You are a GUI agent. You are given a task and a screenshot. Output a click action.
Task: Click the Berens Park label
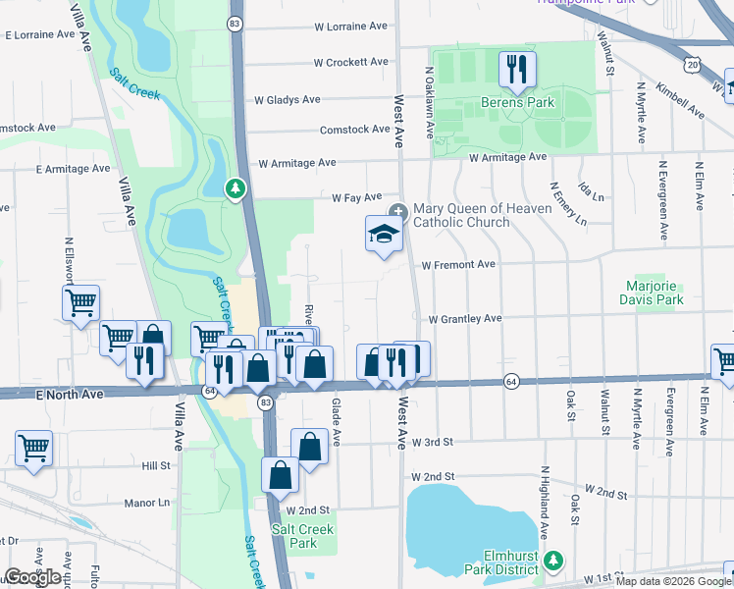tap(517, 102)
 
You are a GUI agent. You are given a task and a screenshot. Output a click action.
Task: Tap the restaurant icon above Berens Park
tap(517, 68)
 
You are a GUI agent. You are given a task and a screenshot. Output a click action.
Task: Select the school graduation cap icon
tap(384, 235)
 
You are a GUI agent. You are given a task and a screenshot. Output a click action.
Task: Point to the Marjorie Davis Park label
tap(654, 293)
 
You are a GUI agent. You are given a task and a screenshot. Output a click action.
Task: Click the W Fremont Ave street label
tap(458, 265)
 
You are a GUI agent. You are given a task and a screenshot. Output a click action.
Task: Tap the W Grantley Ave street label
tap(465, 318)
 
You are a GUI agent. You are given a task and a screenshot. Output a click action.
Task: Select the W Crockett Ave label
tap(350, 62)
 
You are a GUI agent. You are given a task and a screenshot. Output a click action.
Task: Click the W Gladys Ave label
tap(287, 99)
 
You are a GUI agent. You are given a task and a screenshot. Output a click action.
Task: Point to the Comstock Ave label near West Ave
tap(355, 130)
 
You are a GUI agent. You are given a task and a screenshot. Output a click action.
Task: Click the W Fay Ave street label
tap(355, 197)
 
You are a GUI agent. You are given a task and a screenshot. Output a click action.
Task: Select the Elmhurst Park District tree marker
tap(554, 560)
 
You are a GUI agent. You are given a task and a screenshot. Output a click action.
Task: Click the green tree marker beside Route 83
tap(235, 187)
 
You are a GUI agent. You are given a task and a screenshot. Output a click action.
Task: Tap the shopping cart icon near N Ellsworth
tap(80, 302)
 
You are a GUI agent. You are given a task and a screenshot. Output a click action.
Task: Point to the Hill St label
tap(156, 465)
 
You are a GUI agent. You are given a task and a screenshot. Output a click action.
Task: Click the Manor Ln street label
tap(147, 503)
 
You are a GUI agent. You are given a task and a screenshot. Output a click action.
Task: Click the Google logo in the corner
tap(32, 577)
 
